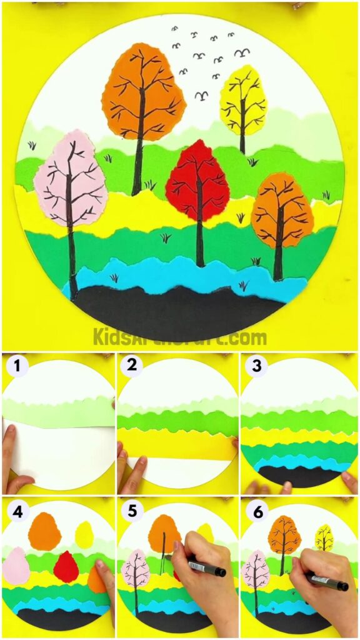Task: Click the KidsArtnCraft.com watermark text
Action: [180, 338]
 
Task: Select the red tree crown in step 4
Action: [65, 566]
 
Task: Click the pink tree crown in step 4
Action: [16, 566]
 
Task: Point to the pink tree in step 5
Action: [136, 572]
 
